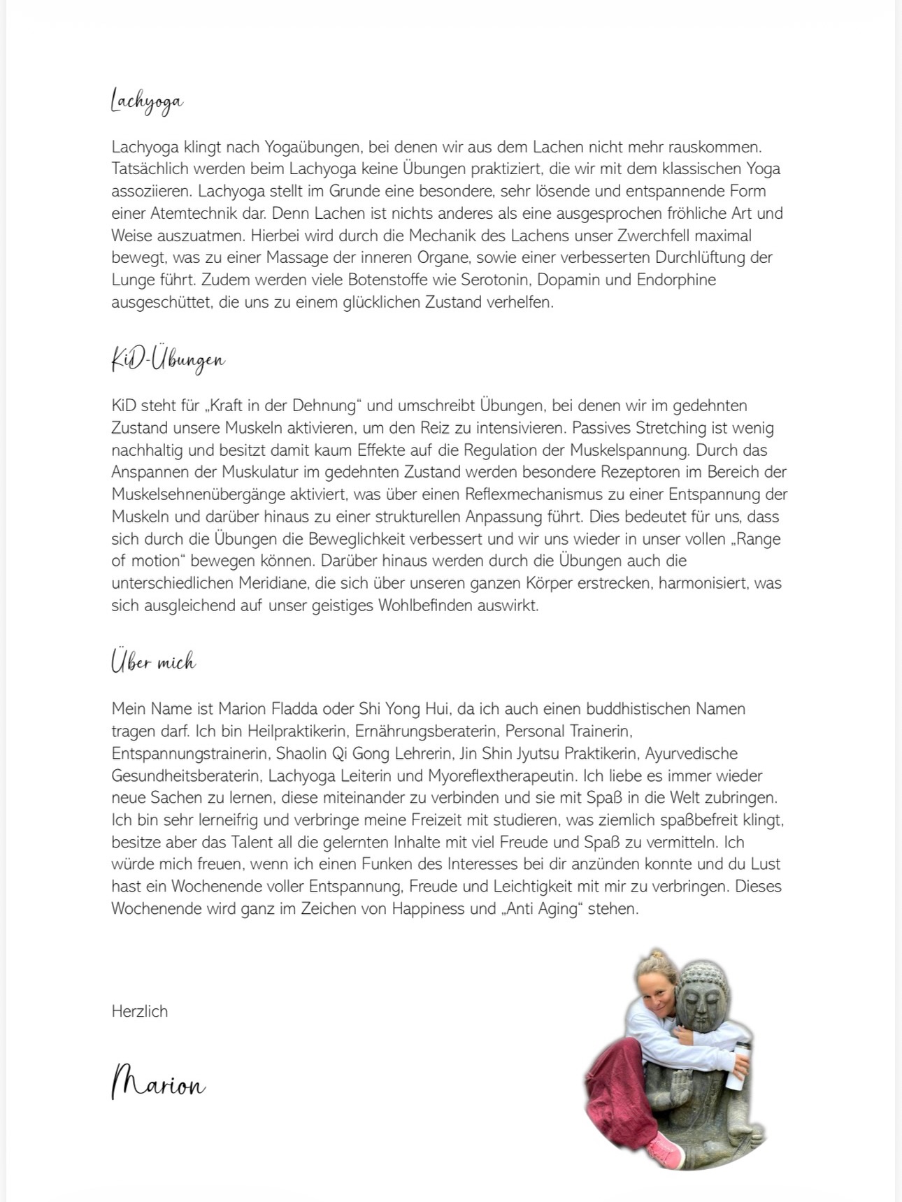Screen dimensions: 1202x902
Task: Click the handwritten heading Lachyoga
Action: (147, 101)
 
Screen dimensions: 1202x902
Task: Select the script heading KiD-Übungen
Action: (168, 359)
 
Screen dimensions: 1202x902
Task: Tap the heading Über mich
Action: (153, 661)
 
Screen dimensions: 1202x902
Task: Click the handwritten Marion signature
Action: (159, 1083)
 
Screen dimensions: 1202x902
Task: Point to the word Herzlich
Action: (139, 1011)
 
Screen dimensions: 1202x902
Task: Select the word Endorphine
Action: (676, 280)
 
